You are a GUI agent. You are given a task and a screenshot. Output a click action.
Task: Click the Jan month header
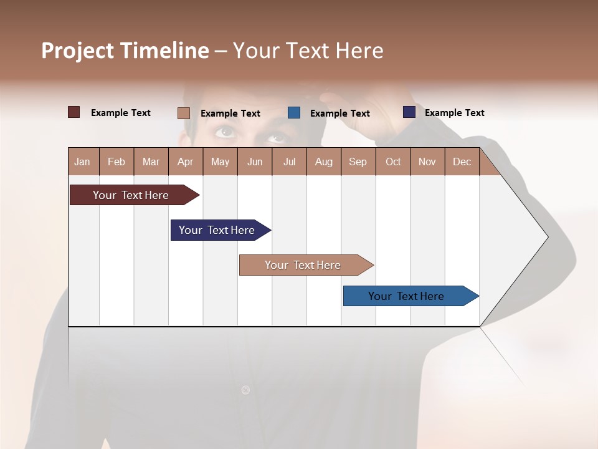(x=83, y=162)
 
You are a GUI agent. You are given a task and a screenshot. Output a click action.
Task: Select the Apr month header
(x=186, y=162)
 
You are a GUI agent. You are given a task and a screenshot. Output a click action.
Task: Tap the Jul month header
(x=289, y=162)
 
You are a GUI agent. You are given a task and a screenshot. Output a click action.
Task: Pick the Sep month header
(x=358, y=162)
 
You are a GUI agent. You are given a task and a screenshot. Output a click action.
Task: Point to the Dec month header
(x=462, y=162)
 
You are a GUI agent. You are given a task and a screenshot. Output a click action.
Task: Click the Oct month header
(x=393, y=162)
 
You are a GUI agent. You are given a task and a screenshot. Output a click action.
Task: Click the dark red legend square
(x=74, y=112)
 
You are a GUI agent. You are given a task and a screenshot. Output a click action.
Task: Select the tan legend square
(x=184, y=113)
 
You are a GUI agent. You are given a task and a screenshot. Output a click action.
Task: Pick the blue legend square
(x=294, y=113)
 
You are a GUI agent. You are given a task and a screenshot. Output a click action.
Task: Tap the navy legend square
(x=409, y=112)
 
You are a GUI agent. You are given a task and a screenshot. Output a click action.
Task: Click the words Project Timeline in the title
(x=125, y=51)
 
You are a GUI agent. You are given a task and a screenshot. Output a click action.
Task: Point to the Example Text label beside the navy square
(x=454, y=113)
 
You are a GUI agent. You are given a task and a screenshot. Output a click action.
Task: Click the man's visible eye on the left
(x=225, y=131)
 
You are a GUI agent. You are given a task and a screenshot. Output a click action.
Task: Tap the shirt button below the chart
(x=245, y=390)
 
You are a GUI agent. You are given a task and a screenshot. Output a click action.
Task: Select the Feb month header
(x=116, y=162)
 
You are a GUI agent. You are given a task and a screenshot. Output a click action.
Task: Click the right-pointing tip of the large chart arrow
(x=547, y=237)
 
